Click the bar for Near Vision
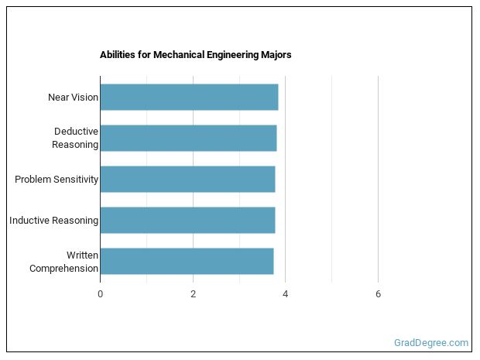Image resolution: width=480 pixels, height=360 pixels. (189, 97)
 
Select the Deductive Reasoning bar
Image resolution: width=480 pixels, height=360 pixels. (188, 138)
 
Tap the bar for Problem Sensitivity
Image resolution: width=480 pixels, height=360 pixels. (187, 179)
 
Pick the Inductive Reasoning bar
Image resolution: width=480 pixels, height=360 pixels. (187, 220)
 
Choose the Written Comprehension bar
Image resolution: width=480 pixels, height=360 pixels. (187, 261)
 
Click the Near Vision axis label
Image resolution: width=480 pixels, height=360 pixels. (73, 98)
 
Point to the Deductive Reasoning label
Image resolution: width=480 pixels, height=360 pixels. (75, 138)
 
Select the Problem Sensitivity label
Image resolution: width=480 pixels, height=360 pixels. (57, 180)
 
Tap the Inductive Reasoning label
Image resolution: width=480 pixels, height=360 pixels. (53, 221)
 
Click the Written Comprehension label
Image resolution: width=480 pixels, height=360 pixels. (64, 262)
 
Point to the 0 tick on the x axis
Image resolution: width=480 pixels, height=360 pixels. (100, 293)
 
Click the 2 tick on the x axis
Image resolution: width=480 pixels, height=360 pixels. (193, 293)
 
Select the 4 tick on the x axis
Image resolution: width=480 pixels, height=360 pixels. (286, 293)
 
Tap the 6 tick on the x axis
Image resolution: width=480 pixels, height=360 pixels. (378, 293)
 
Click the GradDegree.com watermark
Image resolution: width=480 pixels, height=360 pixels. (431, 342)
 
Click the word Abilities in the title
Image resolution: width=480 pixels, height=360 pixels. (118, 55)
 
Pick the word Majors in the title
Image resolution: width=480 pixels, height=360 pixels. (276, 55)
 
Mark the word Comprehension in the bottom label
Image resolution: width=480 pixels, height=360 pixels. (64, 269)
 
